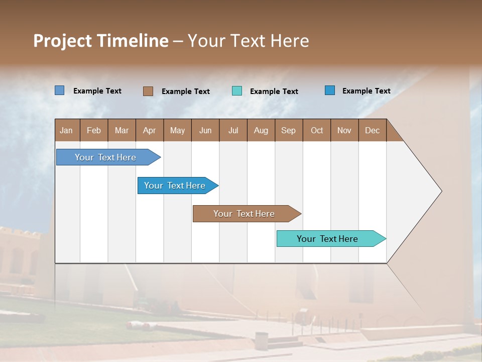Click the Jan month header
(x=67, y=130)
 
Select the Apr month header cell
(x=150, y=130)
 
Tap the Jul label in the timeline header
(x=233, y=130)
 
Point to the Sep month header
(x=289, y=130)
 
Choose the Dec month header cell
(x=372, y=130)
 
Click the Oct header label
(x=317, y=130)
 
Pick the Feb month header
(x=94, y=130)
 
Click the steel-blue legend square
(x=59, y=90)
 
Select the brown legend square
(x=148, y=91)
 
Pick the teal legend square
(x=237, y=91)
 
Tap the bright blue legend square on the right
(x=329, y=90)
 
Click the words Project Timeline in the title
(x=100, y=41)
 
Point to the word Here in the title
(x=290, y=41)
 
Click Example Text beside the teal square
(x=274, y=92)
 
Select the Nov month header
(x=344, y=130)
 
